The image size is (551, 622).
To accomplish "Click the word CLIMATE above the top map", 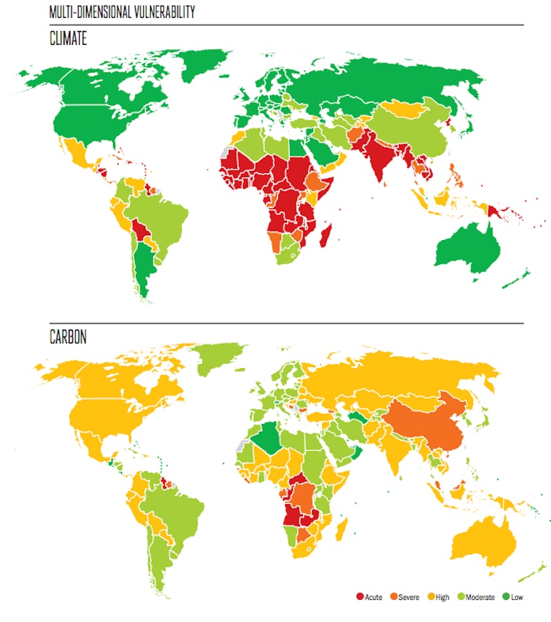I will [x=68, y=39].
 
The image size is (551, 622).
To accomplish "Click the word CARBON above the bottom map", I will [x=69, y=338].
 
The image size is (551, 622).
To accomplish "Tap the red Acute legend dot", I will [x=360, y=596].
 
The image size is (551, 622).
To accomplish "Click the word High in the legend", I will [x=441, y=596].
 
